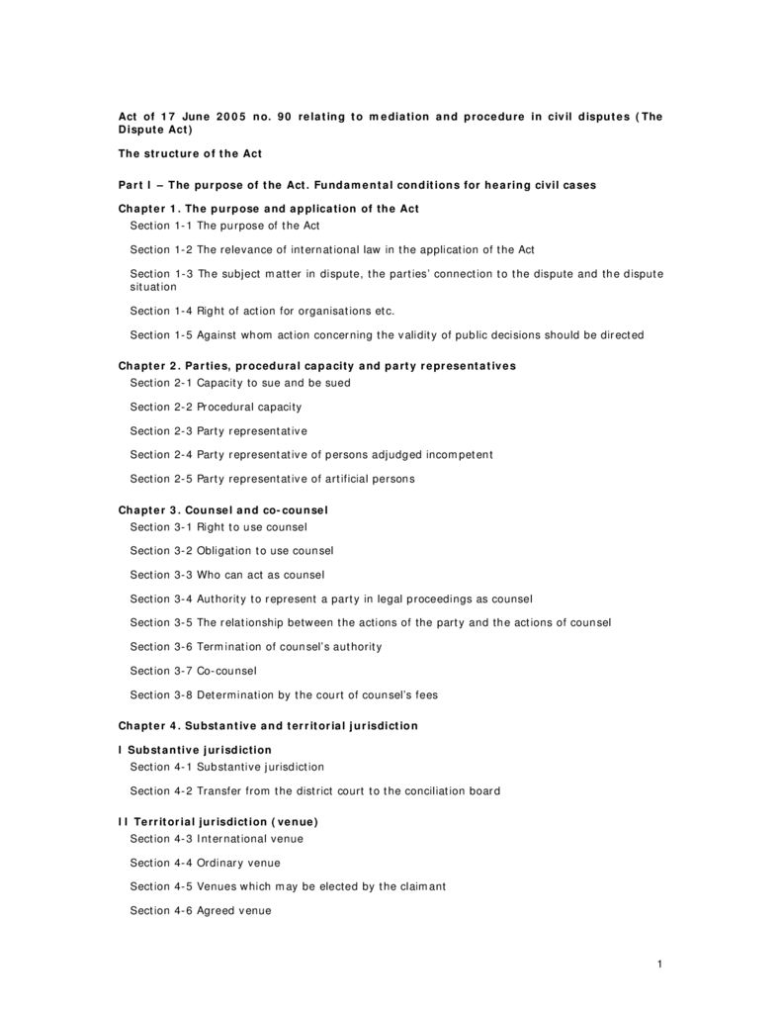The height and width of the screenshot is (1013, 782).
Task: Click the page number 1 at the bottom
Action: (658, 965)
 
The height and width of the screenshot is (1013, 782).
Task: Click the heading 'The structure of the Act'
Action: (190, 153)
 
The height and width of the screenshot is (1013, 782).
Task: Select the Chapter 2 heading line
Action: (316, 366)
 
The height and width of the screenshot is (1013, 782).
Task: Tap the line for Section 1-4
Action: (262, 311)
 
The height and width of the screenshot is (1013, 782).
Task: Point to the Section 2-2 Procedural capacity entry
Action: (216, 407)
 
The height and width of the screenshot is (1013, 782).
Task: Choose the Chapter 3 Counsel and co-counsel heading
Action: (222, 509)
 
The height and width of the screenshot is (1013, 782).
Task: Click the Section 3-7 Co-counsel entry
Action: (193, 671)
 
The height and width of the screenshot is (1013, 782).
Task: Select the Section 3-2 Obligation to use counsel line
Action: (231, 551)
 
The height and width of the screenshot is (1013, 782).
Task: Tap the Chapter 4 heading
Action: (268, 726)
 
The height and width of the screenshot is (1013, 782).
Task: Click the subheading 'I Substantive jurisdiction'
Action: (195, 750)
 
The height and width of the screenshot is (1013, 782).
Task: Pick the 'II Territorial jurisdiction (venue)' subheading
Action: (218, 822)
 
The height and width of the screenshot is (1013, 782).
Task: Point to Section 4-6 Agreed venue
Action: (201, 910)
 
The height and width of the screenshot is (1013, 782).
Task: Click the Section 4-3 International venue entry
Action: (217, 839)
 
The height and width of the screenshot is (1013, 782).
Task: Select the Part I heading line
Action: (357, 185)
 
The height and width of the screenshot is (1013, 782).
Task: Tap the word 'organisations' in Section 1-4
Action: (308, 311)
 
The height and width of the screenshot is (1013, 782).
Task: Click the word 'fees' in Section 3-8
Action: (424, 695)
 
